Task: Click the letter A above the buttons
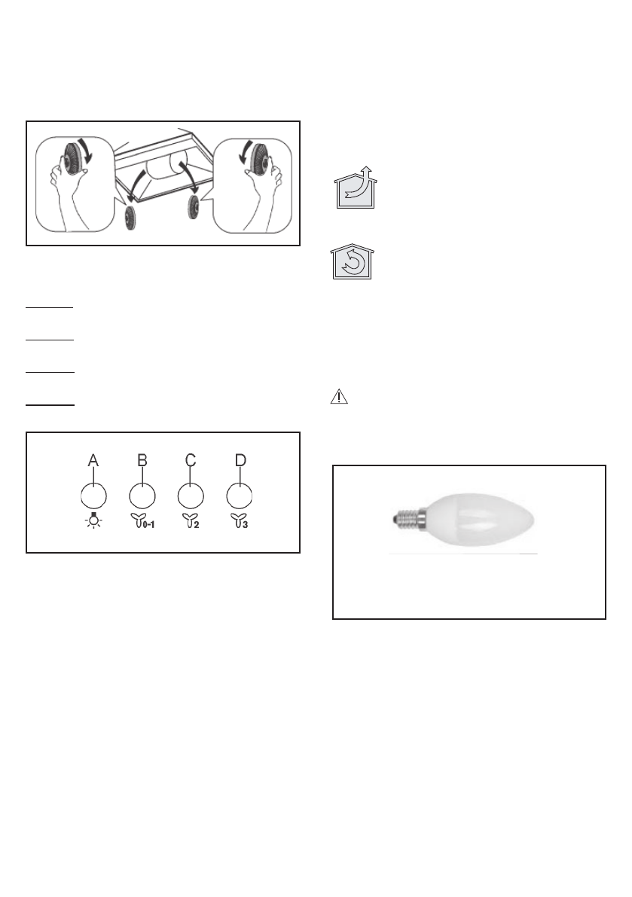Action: tap(93, 460)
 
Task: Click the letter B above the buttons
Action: tap(142, 460)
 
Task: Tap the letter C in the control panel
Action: tap(191, 460)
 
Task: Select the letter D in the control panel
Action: tap(240, 460)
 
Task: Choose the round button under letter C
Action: tap(191, 496)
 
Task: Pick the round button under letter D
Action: tap(240, 496)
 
